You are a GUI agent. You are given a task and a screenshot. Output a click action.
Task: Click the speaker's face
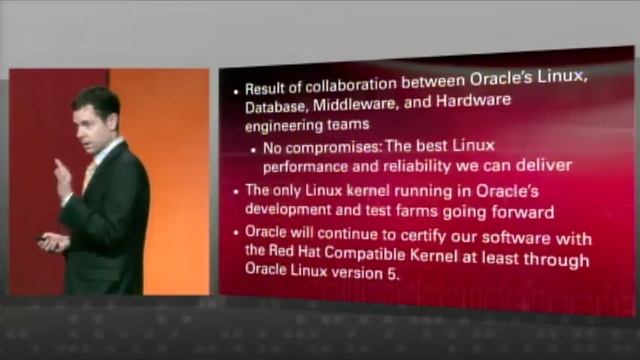point(99,118)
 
